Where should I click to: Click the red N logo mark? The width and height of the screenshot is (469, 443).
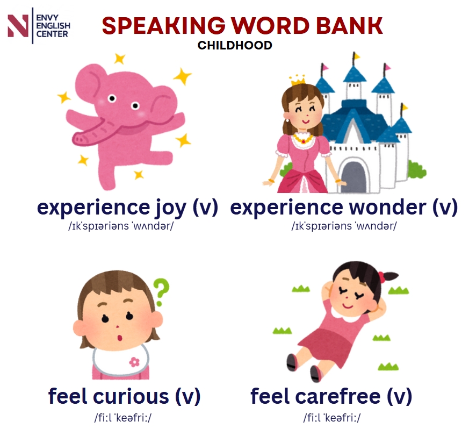point(18,26)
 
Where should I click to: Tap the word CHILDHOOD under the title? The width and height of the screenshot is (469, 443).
point(235,46)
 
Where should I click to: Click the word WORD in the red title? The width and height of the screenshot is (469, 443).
point(270,26)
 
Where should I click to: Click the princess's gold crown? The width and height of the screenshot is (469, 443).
point(298,80)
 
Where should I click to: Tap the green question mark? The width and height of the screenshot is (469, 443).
point(162,292)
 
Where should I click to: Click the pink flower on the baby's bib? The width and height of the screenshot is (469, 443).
point(134,362)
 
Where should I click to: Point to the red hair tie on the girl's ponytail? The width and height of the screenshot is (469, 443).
point(381,277)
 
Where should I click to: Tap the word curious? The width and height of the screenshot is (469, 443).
point(131,397)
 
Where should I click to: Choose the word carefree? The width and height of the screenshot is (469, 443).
point(338,396)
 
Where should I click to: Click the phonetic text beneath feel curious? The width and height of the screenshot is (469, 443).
point(123,418)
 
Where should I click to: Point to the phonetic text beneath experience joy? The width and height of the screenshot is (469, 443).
point(121,226)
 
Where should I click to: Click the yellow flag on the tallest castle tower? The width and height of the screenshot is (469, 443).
point(356,56)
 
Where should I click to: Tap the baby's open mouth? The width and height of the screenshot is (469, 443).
point(120,338)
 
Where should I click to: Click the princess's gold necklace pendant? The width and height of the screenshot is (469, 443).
point(304,141)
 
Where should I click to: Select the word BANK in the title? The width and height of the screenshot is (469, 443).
point(349,26)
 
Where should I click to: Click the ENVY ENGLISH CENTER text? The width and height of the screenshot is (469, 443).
point(53,26)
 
